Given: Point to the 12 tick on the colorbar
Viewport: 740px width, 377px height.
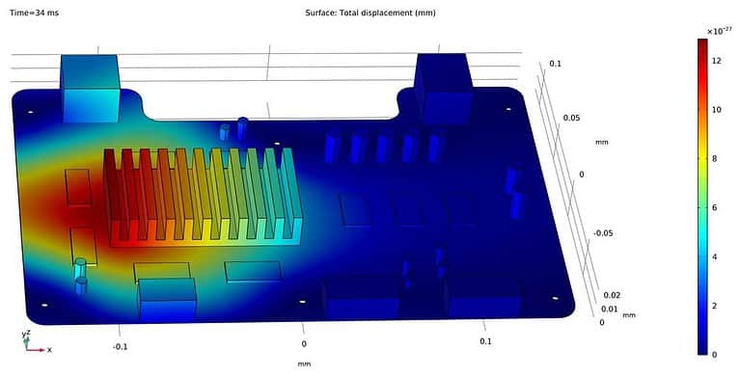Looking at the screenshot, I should pyautogui.click(x=717, y=61).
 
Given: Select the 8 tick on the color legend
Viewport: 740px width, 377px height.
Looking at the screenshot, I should pyautogui.click(x=716, y=158).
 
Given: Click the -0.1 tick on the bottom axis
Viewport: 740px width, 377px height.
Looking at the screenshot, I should pyautogui.click(x=121, y=345).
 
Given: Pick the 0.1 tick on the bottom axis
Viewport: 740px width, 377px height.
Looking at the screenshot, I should pyautogui.click(x=485, y=341).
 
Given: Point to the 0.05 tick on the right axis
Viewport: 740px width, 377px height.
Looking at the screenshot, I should pyautogui.click(x=571, y=118).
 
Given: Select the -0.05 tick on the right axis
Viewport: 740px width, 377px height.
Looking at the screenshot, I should pyautogui.click(x=602, y=233).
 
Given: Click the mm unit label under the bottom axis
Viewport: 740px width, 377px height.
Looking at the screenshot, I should pyautogui.click(x=304, y=364).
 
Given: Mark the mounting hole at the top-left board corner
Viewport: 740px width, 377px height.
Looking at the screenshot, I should pyautogui.click(x=32, y=113).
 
